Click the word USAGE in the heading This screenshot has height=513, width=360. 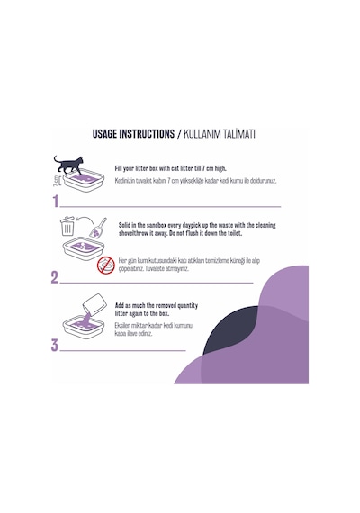pos(104,134)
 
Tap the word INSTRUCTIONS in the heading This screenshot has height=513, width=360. pos(147,134)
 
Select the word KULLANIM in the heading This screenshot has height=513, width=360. pos(202,134)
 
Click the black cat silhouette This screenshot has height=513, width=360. pos(68,165)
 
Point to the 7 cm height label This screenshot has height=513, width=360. pos(56,181)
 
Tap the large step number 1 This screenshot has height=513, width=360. pos(56,202)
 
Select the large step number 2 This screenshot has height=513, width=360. pos(55,277)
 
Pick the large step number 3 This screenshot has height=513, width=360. pos(55,346)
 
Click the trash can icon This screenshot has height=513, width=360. pos(67,226)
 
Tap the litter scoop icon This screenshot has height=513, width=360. pos(98,228)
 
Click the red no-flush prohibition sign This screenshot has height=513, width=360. pos(106,265)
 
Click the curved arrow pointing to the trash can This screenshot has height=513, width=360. pos(84,220)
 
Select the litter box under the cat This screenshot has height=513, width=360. pos(84,180)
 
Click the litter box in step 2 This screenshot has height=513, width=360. pos(84,248)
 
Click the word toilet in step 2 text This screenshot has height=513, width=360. pos(235,233)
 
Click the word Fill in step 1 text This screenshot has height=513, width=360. pos(119,169)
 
